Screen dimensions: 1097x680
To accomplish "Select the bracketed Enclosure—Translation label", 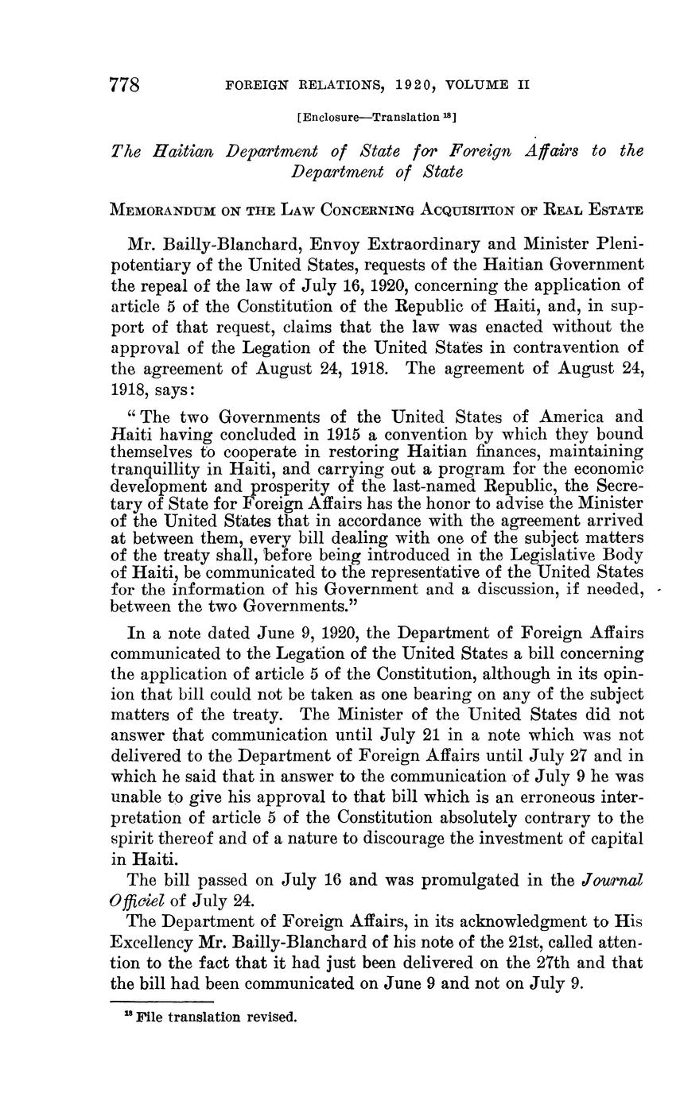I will [x=376, y=118].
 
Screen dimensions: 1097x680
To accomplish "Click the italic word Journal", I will [x=612, y=881].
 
